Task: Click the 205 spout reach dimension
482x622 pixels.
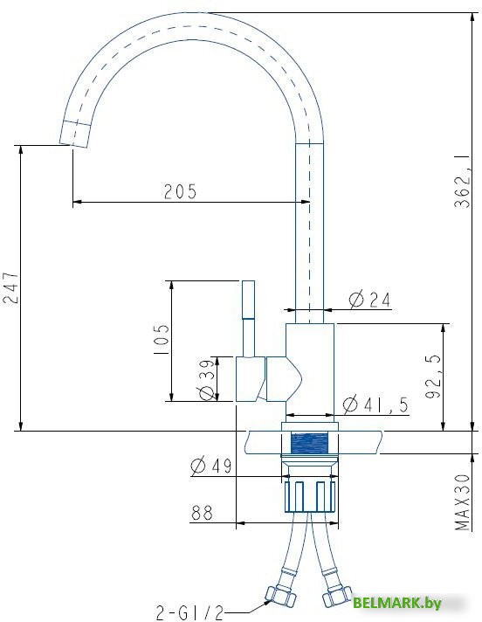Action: (x=181, y=191)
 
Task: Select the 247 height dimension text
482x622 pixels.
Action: (x=10, y=287)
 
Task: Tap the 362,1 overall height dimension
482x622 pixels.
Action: (x=463, y=182)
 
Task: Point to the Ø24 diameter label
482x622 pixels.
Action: (x=369, y=300)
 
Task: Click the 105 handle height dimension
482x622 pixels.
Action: (x=162, y=340)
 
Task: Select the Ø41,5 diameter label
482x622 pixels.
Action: (x=375, y=405)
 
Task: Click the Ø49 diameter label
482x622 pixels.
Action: (x=210, y=466)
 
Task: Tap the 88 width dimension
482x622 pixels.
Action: (x=203, y=513)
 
